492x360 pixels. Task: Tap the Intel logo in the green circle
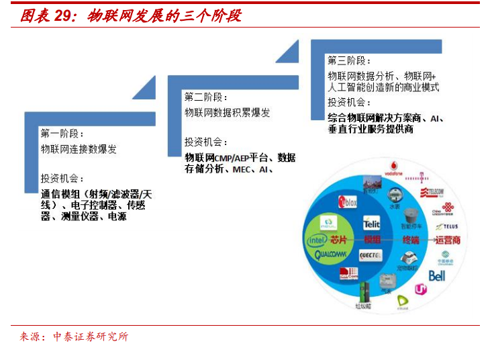pos(316,240)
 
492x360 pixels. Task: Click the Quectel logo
pos(371,256)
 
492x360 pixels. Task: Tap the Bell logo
pos(437,275)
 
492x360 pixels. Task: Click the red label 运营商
pos(448,240)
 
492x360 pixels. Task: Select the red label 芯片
pos(338,240)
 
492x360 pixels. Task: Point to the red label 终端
pos(411,240)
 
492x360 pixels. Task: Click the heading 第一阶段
pos(63,132)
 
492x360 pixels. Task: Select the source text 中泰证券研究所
pos(91,336)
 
